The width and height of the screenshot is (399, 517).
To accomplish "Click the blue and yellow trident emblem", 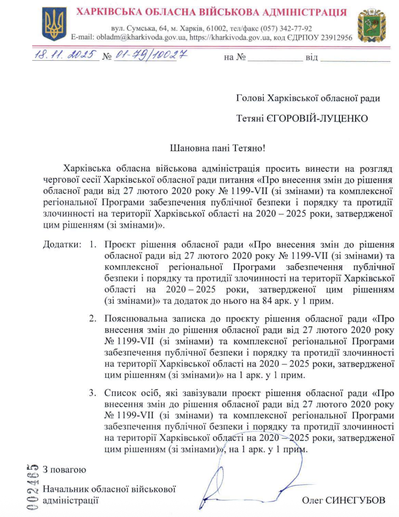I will (x=54, y=25).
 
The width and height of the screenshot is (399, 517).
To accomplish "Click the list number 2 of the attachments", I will (x=93, y=318).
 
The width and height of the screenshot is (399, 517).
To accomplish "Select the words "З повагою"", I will (x=64, y=469).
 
